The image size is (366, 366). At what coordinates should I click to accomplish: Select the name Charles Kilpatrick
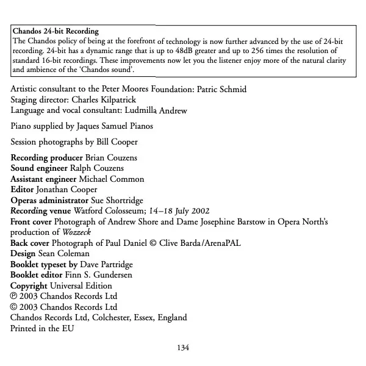tap(111, 100)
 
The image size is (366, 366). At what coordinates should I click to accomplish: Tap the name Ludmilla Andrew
tap(164, 110)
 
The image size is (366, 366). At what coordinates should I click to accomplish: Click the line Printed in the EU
tap(41, 328)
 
